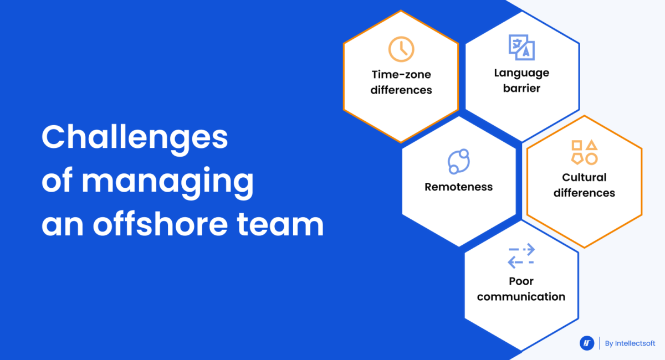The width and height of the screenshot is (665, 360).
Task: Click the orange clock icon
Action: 401,49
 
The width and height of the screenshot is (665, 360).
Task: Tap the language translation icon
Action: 521,47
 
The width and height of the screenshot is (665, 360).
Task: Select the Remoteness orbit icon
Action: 459,162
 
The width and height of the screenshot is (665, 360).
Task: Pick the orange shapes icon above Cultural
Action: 584,152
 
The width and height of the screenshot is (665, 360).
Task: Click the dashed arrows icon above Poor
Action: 521,256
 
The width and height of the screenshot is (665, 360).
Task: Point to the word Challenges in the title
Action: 135,138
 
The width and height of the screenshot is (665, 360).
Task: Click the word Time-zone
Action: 401,75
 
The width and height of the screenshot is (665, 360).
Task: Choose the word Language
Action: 521,73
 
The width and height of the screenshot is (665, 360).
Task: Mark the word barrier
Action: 521,88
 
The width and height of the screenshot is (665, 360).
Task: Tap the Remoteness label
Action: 459,187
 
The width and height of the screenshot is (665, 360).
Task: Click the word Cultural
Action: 584,177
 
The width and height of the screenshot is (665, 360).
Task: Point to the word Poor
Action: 521,281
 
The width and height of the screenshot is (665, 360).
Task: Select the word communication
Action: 521,296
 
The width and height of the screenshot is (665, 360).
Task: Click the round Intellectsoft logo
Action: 587,343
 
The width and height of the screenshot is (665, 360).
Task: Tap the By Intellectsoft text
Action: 630,343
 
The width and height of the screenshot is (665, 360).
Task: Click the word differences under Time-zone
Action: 401,90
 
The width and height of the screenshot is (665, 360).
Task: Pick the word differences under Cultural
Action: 584,193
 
